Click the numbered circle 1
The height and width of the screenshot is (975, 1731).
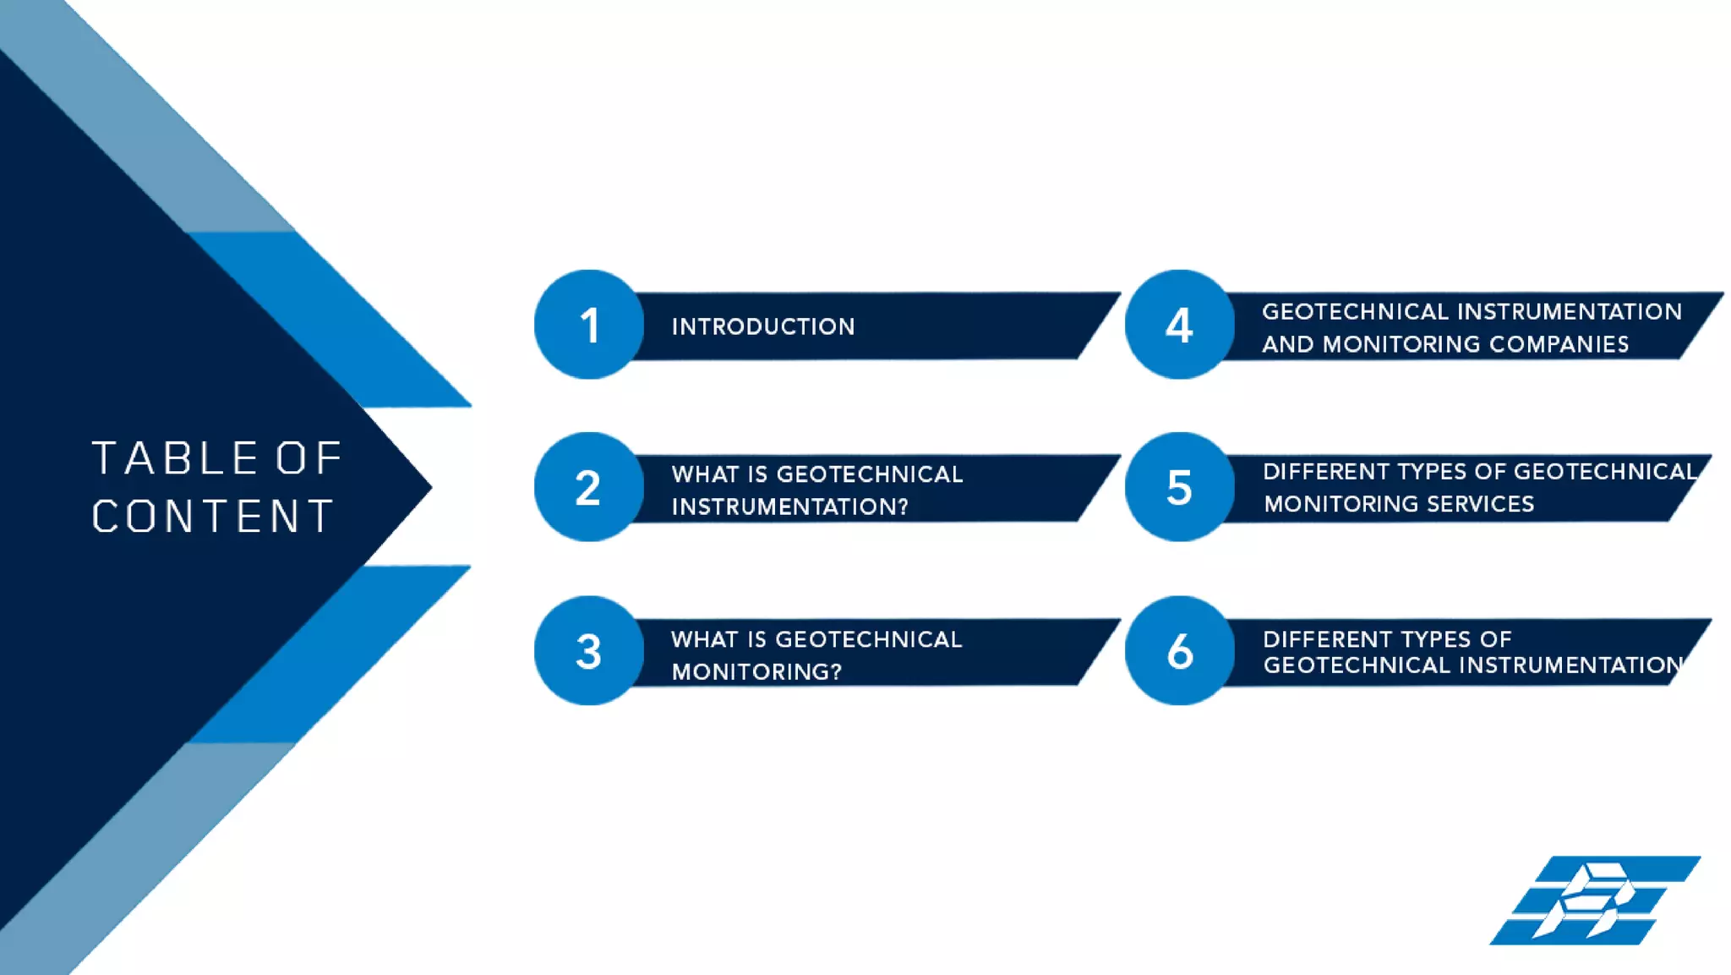click(589, 325)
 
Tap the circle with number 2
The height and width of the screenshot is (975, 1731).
click(589, 487)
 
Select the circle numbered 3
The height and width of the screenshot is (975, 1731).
click(589, 651)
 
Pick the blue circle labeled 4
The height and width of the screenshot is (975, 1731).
click(1179, 325)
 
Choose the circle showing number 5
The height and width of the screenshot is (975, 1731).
click(1179, 487)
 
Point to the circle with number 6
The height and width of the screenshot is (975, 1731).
click(1179, 651)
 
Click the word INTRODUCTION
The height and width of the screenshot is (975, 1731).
click(763, 327)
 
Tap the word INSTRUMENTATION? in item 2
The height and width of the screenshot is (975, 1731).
click(789, 507)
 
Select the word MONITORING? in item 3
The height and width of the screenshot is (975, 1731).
click(756, 671)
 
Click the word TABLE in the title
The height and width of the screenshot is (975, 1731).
click(175, 458)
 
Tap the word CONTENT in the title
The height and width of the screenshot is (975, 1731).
click(213, 516)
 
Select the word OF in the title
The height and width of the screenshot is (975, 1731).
click(309, 458)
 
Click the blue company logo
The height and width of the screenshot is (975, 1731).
click(1594, 901)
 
